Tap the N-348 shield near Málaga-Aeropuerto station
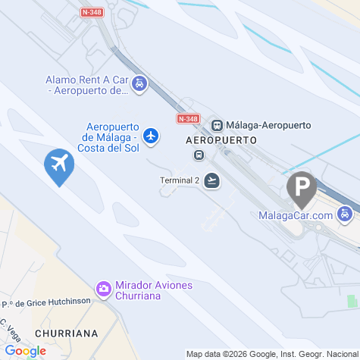[187, 119]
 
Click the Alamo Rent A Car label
[86, 85]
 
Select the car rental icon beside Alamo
[139, 84]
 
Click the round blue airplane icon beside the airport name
[152, 136]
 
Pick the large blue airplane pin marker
[58, 164]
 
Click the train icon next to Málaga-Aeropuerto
[217, 125]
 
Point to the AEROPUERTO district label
[221, 141]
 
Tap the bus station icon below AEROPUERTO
[199, 155]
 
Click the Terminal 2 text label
[180, 180]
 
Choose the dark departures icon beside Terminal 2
[212, 180]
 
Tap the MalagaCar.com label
[296, 216]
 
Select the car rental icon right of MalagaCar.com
[346, 214]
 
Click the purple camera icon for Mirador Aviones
[103, 289]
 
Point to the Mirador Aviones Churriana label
[154, 290]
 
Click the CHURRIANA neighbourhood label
[67, 333]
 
